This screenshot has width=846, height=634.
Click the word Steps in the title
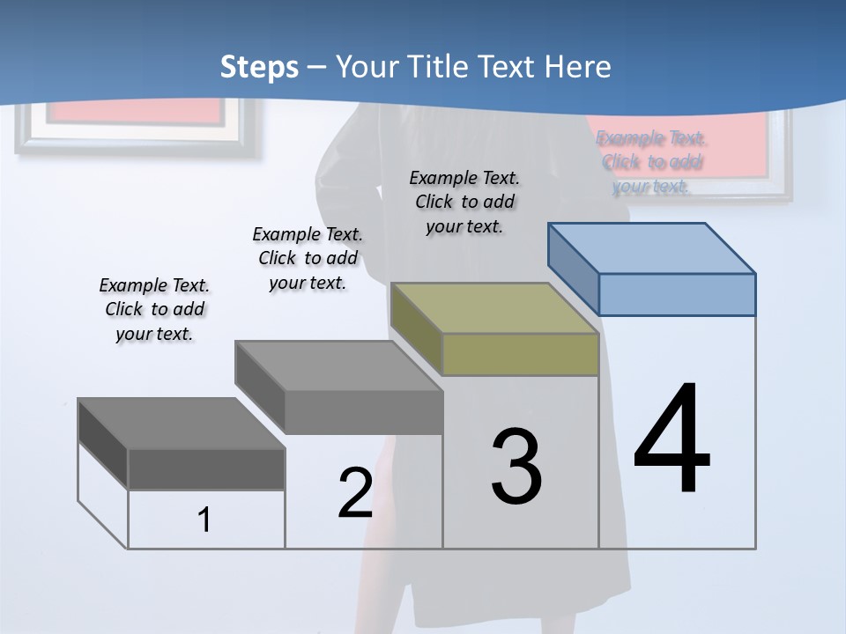pos(258,67)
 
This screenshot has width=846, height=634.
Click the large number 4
pos(672,440)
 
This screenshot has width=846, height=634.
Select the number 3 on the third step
pos(516,467)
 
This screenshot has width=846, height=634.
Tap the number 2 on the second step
pos(355,493)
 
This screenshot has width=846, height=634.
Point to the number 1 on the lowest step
pos(204,520)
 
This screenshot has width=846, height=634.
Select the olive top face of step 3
pos(493,308)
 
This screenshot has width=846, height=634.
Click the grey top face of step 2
pos(338,365)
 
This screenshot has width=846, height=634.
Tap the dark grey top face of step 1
pos(182,424)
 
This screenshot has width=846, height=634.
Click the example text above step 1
pos(154,309)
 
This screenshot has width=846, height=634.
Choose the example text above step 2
pos(308,258)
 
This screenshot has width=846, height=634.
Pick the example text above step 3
pos(464,202)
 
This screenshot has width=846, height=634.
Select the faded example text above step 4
pos(651,161)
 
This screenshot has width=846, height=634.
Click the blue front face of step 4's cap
pos(677,294)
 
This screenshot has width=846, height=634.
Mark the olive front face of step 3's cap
pos(520,354)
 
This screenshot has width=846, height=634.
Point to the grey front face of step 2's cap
pos(364,412)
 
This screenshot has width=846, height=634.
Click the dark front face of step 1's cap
pos(206,469)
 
